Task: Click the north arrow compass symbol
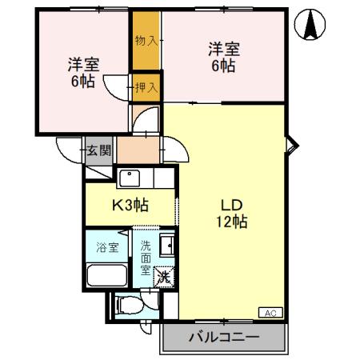pyautogui.click(x=310, y=24)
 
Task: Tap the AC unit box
pyautogui.click(x=270, y=313)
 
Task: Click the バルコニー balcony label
pyautogui.click(x=224, y=338)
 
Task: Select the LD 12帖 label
pyautogui.click(x=232, y=214)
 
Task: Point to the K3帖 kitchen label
pyautogui.click(x=130, y=205)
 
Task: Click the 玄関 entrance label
pyautogui.click(x=98, y=151)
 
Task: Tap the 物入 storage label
pyautogui.click(x=146, y=41)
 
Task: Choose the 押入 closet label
pyautogui.click(x=146, y=87)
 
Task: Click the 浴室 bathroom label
pyautogui.click(x=107, y=247)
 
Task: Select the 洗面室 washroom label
pyautogui.click(x=146, y=258)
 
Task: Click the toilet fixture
pyautogui.click(x=128, y=306)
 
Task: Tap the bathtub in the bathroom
pyautogui.click(x=107, y=275)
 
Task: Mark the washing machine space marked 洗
pyautogui.click(x=164, y=277)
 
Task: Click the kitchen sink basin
pyautogui.click(x=130, y=178)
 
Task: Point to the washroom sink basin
pyautogui.click(x=167, y=246)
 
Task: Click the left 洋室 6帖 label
pyautogui.click(x=83, y=73)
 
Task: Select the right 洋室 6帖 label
pyautogui.click(x=224, y=57)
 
